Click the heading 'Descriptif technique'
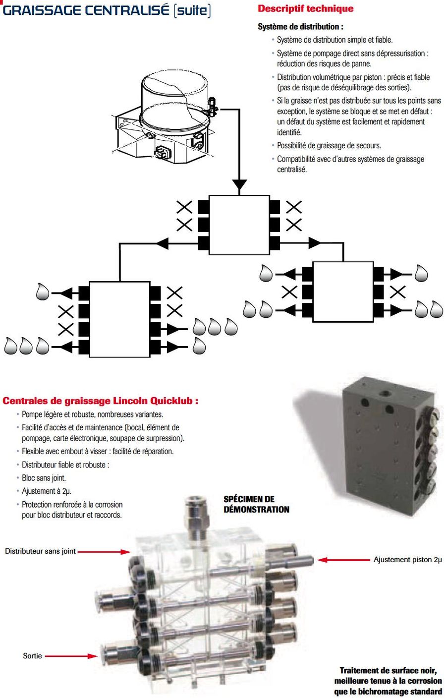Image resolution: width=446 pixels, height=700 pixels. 305,8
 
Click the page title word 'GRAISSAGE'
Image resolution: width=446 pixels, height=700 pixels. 43,10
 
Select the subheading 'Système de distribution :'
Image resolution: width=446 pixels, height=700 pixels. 300,27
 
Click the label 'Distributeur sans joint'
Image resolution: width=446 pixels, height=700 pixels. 40,551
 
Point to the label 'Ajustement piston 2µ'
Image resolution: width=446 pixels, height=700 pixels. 407,560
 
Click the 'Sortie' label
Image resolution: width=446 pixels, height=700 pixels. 32,656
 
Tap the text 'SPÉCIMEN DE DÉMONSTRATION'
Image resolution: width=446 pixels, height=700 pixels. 256,504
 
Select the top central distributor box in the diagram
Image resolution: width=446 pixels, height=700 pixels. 239,225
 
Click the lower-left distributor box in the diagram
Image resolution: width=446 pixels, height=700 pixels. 119,319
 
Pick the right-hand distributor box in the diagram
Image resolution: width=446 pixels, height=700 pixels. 343,292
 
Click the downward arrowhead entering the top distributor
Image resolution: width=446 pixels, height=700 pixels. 239,186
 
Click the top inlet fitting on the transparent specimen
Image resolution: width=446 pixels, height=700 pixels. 194,516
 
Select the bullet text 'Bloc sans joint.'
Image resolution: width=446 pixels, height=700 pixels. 44,478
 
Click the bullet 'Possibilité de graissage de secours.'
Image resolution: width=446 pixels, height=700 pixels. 329,146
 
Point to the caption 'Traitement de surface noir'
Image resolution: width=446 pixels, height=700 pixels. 388,670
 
